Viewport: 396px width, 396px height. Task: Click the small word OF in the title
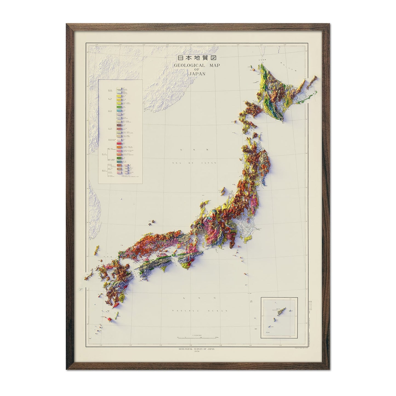(x=197, y=70)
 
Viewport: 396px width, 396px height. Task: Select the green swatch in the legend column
(x=119, y=105)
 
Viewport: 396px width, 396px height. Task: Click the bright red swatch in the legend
(x=119, y=143)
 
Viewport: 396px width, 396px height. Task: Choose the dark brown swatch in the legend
(x=119, y=129)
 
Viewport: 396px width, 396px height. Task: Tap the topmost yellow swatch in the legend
(x=119, y=93)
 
